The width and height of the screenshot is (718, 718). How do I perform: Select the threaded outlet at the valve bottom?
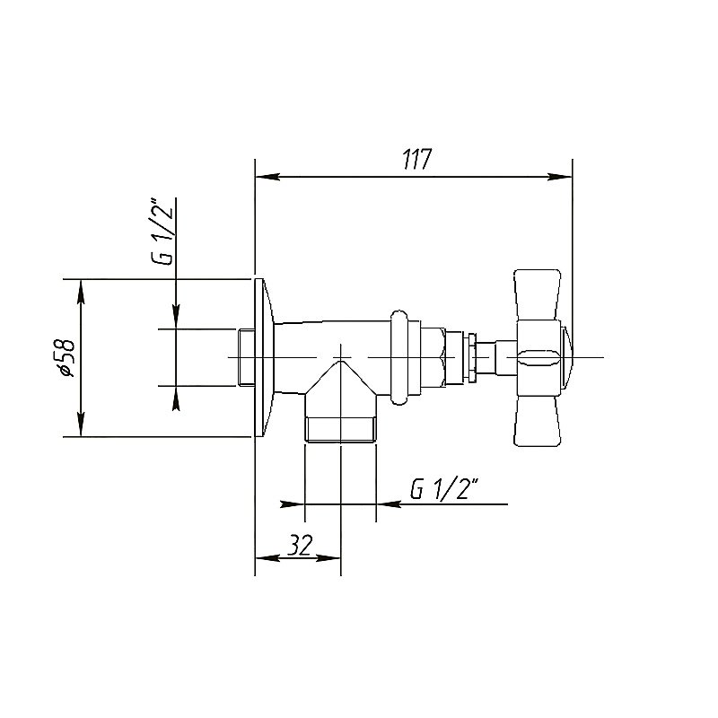[x=341, y=429]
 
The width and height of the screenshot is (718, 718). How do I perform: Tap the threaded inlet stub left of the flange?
[x=247, y=357]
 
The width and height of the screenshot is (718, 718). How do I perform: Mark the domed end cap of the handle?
[x=565, y=356]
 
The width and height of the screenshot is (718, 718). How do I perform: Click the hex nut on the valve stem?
[x=433, y=357]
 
